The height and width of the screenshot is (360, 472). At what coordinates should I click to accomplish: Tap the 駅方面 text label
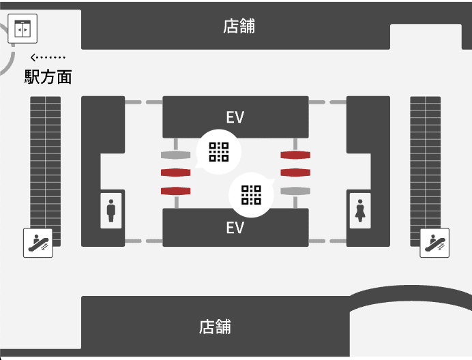(x=48, y=77)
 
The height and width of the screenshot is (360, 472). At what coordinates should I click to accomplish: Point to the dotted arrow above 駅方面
(x=48, y=57)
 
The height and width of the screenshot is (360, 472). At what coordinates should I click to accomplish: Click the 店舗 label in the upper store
(x=239, y=27)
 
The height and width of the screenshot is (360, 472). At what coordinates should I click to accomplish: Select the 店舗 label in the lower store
(x=215, y=327)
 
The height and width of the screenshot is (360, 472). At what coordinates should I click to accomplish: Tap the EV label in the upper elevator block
(x=235, y=117)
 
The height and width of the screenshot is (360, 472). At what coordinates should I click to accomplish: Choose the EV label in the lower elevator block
(x=235, y=227)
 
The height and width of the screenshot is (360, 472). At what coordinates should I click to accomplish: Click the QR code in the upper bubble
(x=218, y=151)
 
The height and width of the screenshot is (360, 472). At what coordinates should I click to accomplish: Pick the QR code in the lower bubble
(x=251, y=195)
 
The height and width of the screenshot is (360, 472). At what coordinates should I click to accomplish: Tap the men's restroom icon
(x=111, y=209)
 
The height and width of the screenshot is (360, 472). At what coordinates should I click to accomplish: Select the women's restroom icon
(x=359, y=209)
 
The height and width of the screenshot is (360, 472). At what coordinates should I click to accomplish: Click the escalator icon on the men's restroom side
(x=38, y=242)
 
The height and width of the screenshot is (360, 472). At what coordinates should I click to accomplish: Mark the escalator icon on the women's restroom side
(x=434, y=242)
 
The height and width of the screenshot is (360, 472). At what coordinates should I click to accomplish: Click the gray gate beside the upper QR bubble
(x=175, y=155)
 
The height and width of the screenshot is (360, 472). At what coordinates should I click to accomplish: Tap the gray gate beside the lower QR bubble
(x=295, y=190)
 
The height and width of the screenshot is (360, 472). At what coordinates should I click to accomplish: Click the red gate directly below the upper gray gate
(x=175, y=172)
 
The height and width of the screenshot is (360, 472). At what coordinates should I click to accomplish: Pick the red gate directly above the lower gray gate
(x=295, y=172)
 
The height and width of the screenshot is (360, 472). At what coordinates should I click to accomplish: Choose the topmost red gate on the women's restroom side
(x=295, y=155)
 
